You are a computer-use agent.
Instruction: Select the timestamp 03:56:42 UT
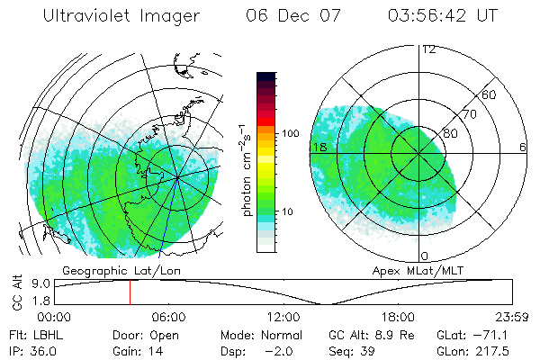point(441,16)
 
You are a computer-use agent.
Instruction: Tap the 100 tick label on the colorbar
point(289,133)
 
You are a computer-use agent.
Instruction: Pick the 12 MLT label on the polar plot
point(429,49)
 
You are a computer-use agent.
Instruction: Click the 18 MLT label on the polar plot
point(318,146)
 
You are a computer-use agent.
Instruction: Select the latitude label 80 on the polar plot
point(451,132)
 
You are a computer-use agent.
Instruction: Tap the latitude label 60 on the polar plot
point(490,94)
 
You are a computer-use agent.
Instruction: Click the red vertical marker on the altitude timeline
point(130,292)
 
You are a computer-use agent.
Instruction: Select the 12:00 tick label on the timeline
point(283,317)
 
